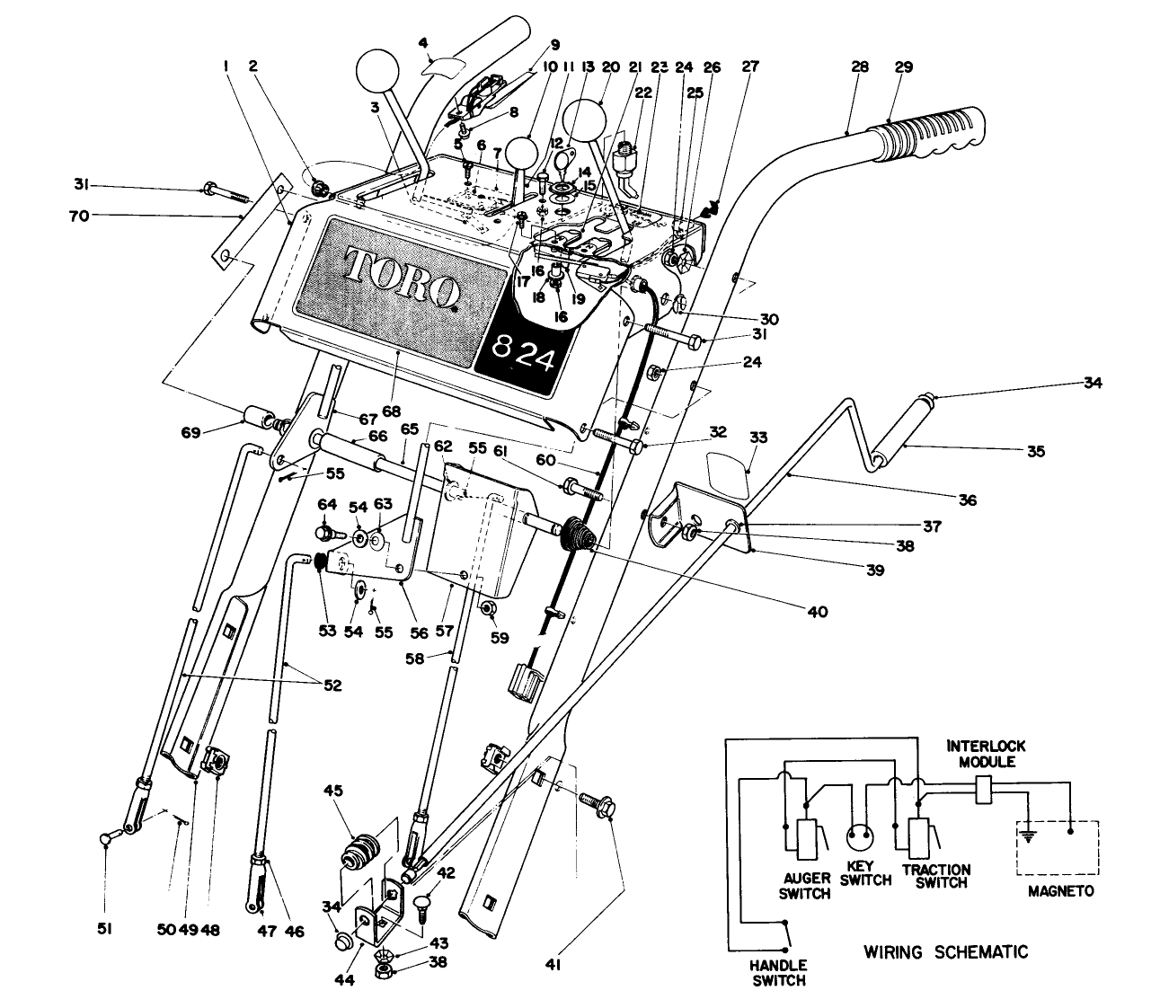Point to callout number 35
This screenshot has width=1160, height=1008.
1036,452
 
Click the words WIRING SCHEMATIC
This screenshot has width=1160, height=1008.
945,951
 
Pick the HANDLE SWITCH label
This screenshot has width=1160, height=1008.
778,974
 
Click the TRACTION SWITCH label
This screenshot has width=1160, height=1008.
935,876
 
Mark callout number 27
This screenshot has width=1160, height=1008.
750,66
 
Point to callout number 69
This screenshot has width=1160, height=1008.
216,432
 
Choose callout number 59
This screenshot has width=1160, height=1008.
500,638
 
